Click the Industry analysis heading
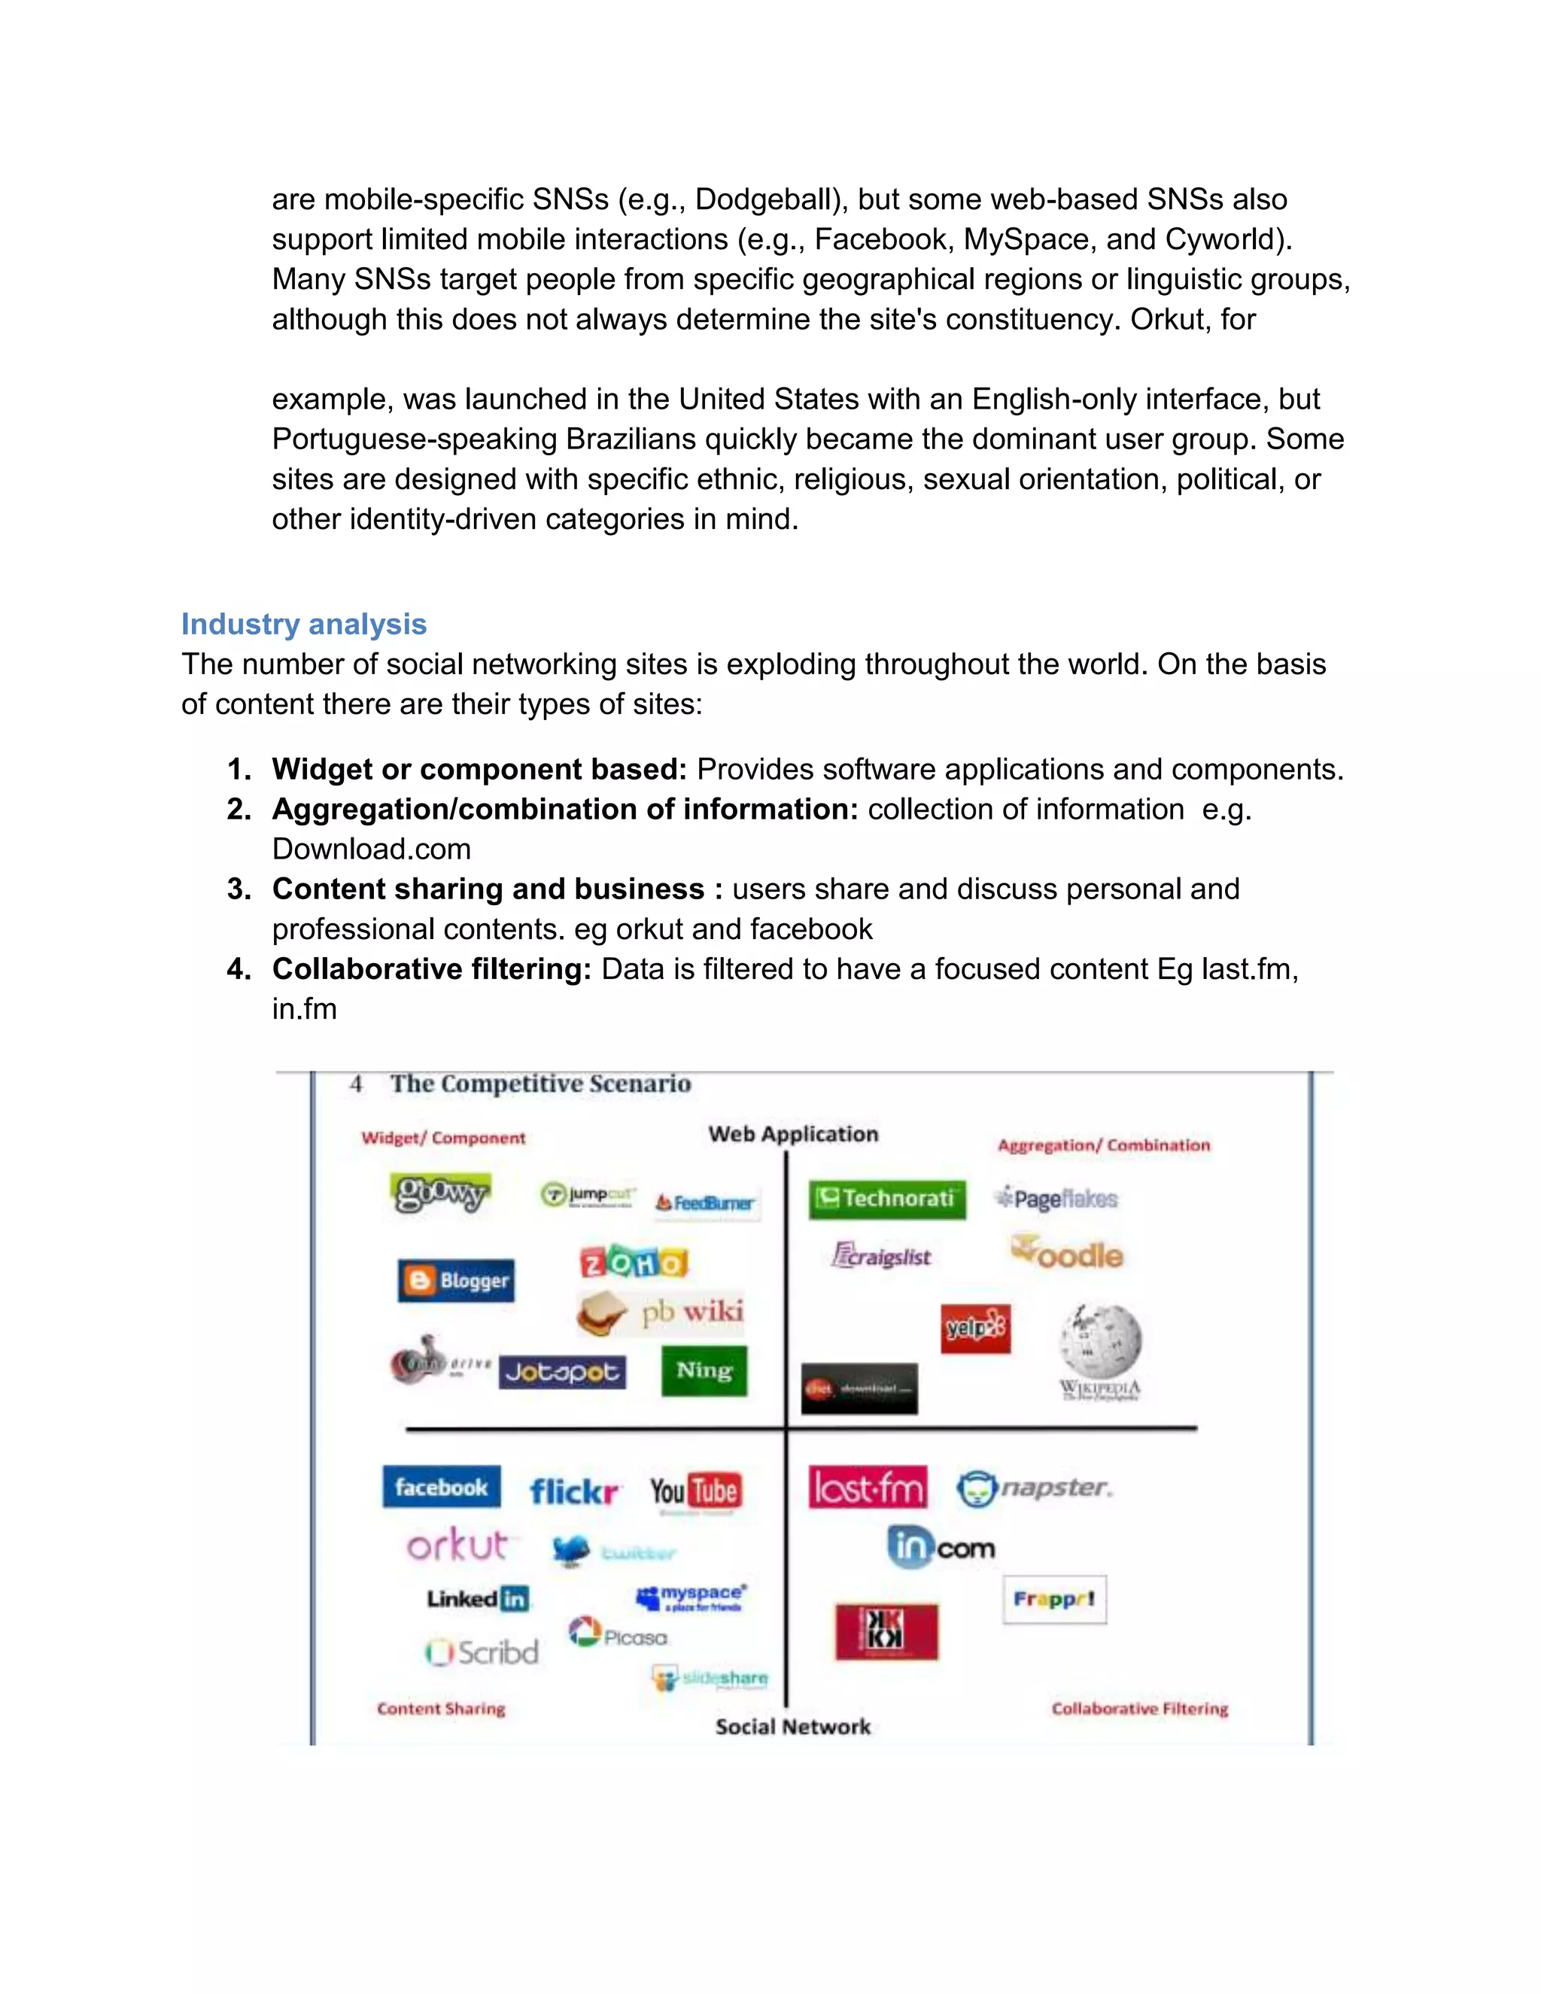coord(303,624)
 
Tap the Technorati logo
coord(886,1198)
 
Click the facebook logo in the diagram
coord(441,1488)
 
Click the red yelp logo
coord(976,1328)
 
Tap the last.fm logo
coord(868,1488)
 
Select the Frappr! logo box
coord(1054,1599)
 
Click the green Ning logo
coord(704,1370)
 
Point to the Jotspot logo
coord(562,1371)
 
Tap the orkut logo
coord(457,1545)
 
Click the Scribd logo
coord(482,1652)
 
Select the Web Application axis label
coord(792,1134)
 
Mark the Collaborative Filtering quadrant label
coord(1139,1708)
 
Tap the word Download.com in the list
coord(372,849)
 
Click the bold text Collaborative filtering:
coord(432,968)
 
